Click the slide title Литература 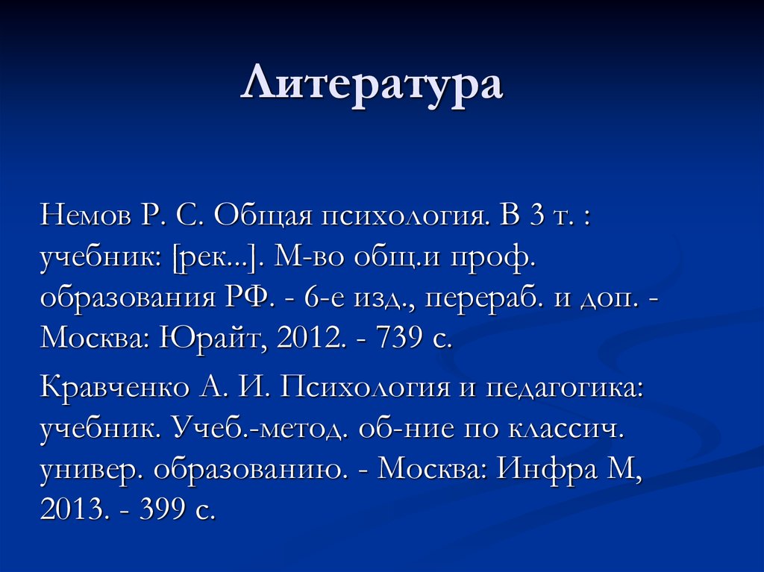click(372, 84)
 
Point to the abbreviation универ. click(90, 469)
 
